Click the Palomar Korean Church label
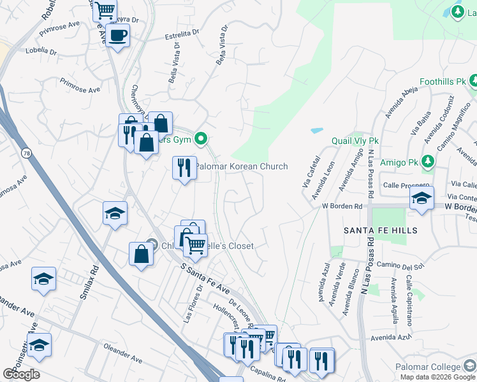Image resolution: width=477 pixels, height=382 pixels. pyautogui.click(x=241, y=166)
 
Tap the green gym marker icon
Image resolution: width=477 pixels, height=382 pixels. pyautogui.click(x=202, y=138)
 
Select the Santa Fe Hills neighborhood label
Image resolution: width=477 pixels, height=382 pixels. pyautogui.click(x=381, y=230)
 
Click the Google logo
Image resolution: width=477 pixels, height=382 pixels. pyautogui.click(x=21, y=374)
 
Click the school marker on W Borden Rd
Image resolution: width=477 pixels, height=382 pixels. pyautogui.click(x=422, y=199)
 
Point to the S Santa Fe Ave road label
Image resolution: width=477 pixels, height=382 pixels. pyautogui.click(x=205, y=279)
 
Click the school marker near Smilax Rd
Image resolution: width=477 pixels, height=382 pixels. pyautogui.click(x=115, y=214)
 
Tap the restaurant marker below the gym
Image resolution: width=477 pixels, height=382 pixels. pyautogui.click(x=184, y=168)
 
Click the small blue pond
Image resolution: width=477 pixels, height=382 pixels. pyautogui.click(x=317, y=131)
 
